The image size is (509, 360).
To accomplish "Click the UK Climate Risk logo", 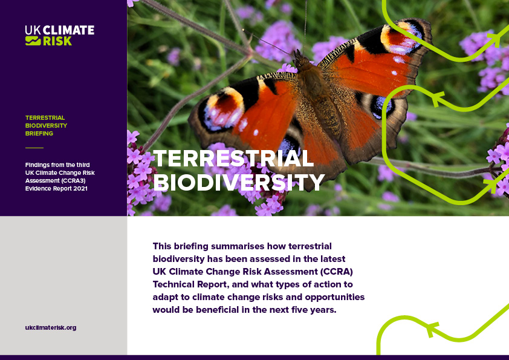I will [x=59, y=36].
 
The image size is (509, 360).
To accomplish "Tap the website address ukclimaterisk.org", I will [x=51, y=327].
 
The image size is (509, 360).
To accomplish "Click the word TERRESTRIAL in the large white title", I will [x=233, y=159].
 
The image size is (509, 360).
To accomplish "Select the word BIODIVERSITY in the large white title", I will [x=239, y=181].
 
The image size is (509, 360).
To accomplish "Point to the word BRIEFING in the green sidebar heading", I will [x=39, y=133].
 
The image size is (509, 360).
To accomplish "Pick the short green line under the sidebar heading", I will [x=34, y=148].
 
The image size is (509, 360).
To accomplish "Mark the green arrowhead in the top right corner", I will [x=494, y=41].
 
